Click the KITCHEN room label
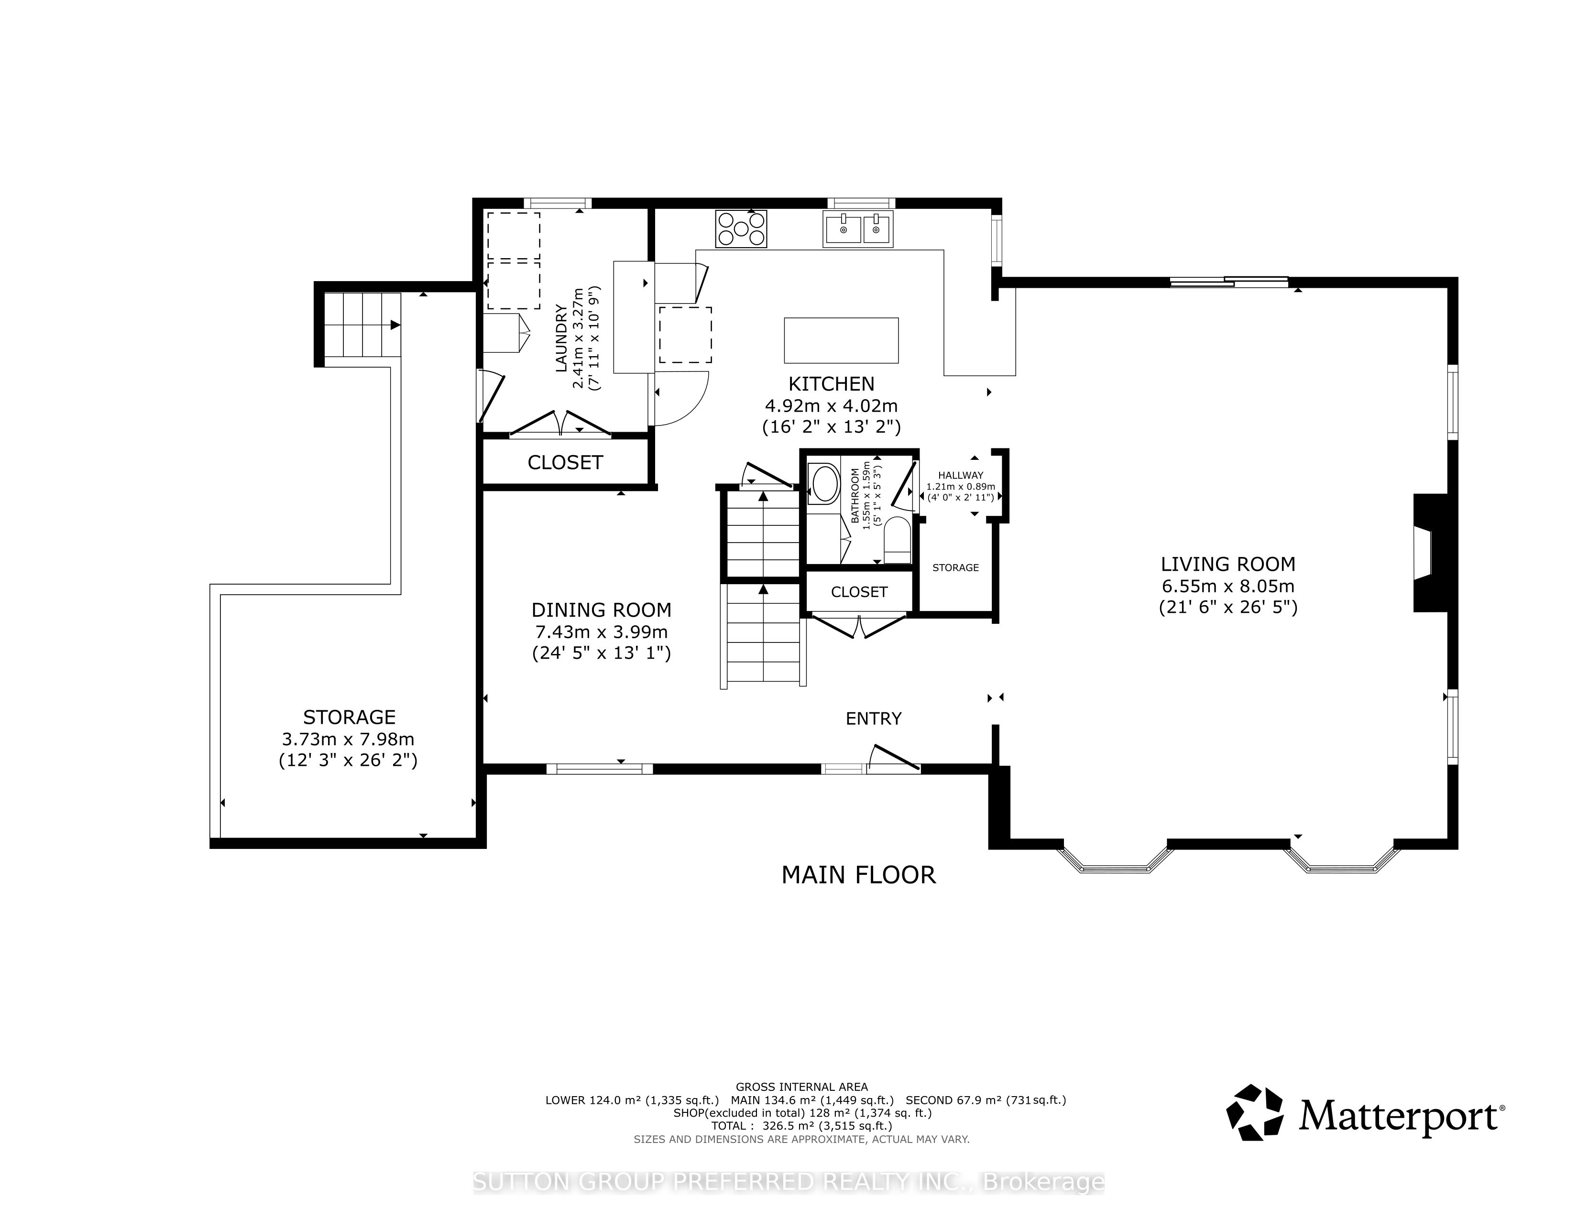831,384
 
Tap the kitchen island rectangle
841,340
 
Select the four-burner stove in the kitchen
741,229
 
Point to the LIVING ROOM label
1228,564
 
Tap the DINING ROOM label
601,610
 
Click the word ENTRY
874,718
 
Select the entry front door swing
894,758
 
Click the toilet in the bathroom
898,540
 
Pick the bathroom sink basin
824,483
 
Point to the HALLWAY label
961,475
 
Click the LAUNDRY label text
561,339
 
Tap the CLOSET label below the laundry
565,462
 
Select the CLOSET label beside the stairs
859,592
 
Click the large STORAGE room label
349,717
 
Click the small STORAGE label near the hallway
955,567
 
